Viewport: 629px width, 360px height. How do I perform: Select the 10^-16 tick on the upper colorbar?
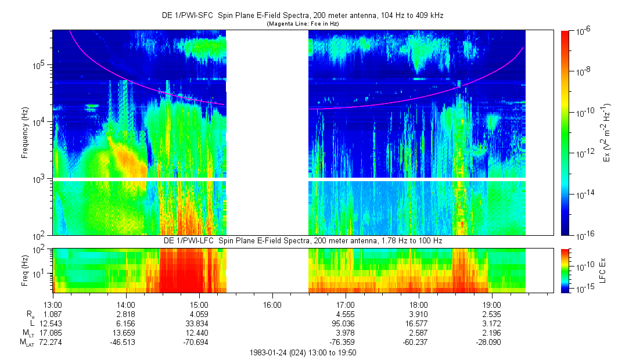pos(583,235)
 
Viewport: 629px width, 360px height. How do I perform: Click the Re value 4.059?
pos(199,314)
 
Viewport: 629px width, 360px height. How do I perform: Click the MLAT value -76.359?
pos(344,343)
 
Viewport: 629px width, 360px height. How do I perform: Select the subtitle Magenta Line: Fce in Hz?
pos(302,24)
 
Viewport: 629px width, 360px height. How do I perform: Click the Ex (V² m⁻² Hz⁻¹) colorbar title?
pos(607,134)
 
